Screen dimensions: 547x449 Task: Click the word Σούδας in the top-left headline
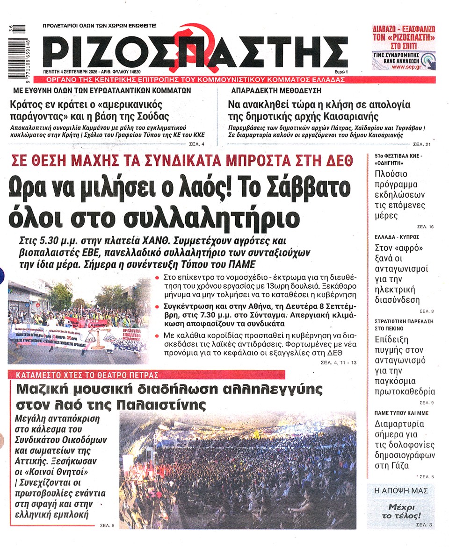152,116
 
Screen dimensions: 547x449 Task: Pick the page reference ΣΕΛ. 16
425,227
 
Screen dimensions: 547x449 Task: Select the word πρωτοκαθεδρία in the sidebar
405,391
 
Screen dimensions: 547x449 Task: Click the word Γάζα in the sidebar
385,465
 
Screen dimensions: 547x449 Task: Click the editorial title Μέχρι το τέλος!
401,511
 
